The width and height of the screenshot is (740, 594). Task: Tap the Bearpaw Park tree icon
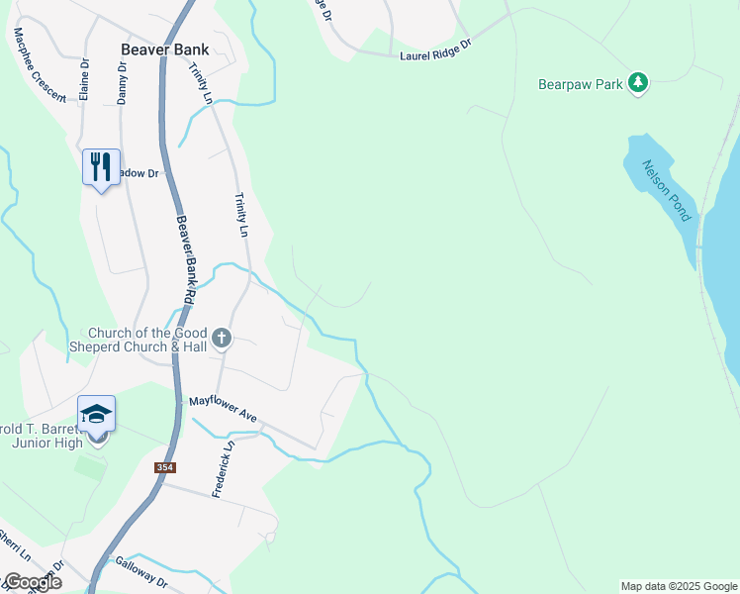click(639, 83)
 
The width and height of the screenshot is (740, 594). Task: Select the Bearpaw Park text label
click(581, 84)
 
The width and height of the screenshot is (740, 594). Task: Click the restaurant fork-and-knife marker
click(101, 167)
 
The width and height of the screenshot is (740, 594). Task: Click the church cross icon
click(221, 340)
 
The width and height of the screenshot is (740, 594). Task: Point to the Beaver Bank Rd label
click(185, 260)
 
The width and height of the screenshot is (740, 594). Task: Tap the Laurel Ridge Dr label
click(435, 51)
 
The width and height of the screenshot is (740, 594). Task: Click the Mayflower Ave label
click(224, 411)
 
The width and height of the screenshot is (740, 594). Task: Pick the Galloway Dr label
click(139, 573)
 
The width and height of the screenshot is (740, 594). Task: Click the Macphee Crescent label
click(40, 64)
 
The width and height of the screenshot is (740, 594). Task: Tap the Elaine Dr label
click(85, 80)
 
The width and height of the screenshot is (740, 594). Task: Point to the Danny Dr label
click(122, 82)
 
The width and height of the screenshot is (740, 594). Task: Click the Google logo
click(32, 582)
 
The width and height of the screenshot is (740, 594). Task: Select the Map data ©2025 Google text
click(679, 586)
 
